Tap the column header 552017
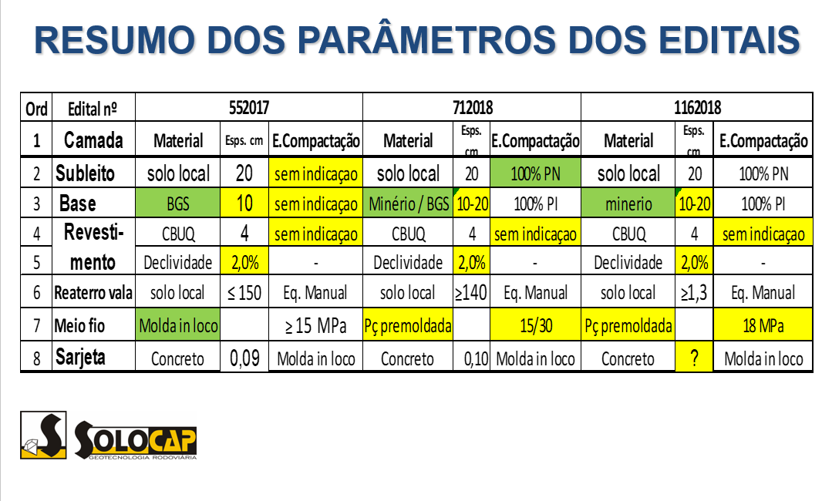coord(249,107)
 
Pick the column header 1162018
coord(696,107)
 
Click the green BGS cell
coord(178,204)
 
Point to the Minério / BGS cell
coord(408,204)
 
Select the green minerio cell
coord(628,204)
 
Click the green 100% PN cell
coord(535,173)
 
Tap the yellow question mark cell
coord(693,358)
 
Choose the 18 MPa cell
coord(762,326)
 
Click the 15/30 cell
coord(535,326)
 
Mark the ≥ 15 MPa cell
coord(315,326)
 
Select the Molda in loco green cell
coord(178,326)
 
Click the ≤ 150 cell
coord(244,293)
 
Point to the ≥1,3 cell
coord(693,293)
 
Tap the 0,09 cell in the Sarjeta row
coord(244,358)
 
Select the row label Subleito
coord(85,173)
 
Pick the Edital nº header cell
coord(92,108)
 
